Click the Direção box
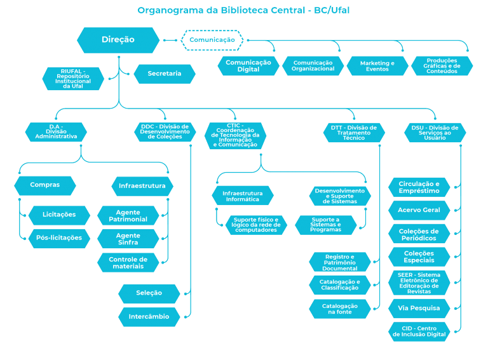(x=118, y=40)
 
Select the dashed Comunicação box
(x=212, y=40)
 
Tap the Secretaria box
(x=164, y=74)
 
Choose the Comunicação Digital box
(x=248, y=65)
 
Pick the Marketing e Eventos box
(x=377, y=66)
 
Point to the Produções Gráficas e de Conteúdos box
(x=442, y=66)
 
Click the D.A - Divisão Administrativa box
(x=56, y=132)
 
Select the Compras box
(x=45, y=185)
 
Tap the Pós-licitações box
(x=59, y=238)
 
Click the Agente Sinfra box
(x=128, y=239)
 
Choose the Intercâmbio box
(x=149, y=316)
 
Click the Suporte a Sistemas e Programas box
(x=325, y=225)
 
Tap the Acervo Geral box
(x=419, y=210)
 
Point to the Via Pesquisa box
(x=419, y=309)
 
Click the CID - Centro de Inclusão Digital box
(x=419, y=331)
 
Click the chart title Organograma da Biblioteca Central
(x=243, y=10)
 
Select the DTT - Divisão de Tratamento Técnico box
(x=353, y=132)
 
